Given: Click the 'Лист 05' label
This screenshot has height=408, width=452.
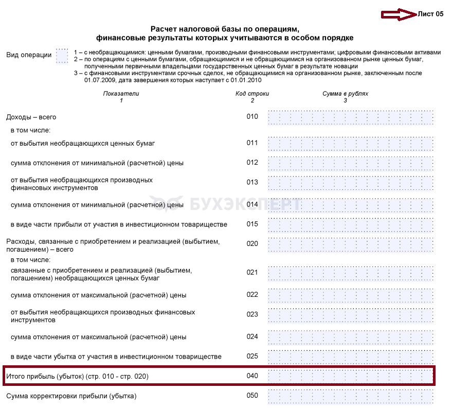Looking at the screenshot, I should [431, 14].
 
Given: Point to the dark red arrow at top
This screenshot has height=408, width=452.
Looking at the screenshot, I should [399, 14].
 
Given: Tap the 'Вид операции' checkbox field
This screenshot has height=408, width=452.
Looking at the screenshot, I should [62, 56].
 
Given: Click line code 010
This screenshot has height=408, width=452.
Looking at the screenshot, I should [252, 117].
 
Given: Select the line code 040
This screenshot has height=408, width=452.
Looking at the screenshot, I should [252, 376].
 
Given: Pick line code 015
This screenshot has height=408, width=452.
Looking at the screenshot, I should [252, 224].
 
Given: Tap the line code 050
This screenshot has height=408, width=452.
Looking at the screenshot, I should [252, 396].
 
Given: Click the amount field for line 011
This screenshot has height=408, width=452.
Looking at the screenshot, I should [350, 143].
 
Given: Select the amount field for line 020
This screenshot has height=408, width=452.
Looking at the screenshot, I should [350, 244].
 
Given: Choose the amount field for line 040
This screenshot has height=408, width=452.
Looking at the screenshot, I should [350, 376].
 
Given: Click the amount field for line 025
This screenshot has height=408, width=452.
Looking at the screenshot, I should [350, 357].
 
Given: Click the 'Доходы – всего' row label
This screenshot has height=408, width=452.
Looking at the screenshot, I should [31, 117].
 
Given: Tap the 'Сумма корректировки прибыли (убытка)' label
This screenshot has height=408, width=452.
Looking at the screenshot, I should [71, 396].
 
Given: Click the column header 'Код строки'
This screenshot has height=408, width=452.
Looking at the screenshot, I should [252, 94].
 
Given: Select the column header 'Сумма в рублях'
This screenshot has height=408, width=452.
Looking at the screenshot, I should [345, 94].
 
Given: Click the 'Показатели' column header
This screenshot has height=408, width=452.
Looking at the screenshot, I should [121, 94].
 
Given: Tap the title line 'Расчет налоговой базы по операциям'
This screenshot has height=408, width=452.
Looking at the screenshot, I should [225, 29].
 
